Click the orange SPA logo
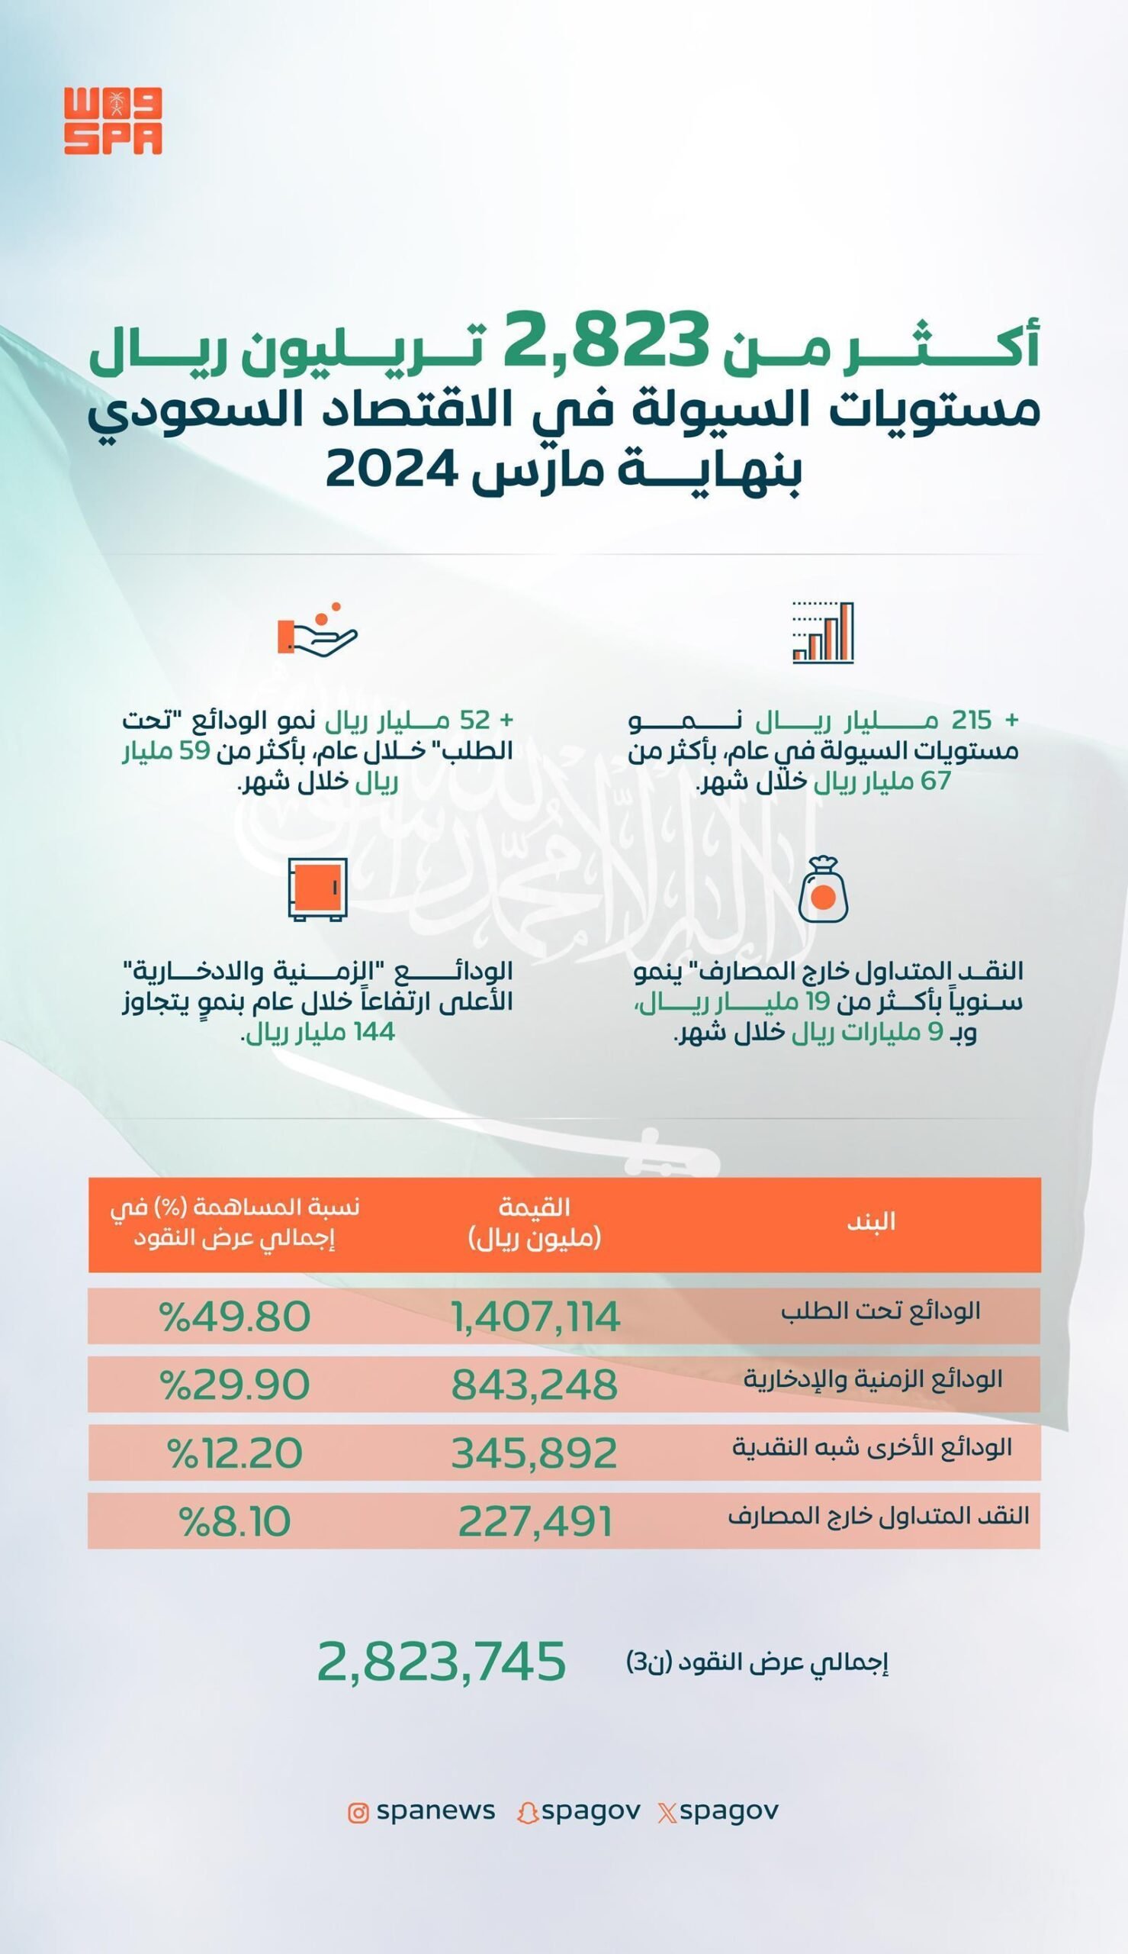(x=113, y=121)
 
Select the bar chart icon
(x=823, y=633)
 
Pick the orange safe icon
(x=317, y=889)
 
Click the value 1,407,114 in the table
(x=535, y=1317)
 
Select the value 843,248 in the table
(x=535, y=1385)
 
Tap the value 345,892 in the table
(x=535, y=1453)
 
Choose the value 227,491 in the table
(x=535, y=1521)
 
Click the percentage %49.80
(x=235, y=1317)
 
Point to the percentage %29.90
(x=235, y=1385)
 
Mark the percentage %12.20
(x=236, y=1453)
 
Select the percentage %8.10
(x=236, y=1521)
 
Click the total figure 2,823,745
(x=442, y=1662)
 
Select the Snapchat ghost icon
(x=528, y=1812)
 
